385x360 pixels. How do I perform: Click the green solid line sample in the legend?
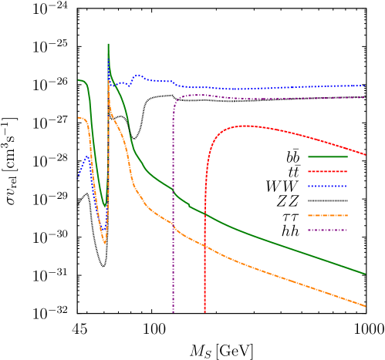point(327,156)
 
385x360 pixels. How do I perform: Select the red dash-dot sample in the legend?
point(327,171)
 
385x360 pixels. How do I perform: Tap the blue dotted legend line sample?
point(327,186)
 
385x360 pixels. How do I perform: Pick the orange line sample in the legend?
point(327,215)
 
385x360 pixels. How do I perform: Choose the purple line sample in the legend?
point(327,230)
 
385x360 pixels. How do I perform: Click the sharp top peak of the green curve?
point(108,44)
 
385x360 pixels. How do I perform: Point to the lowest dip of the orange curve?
point(105,244)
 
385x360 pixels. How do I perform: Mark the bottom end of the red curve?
point(204,311)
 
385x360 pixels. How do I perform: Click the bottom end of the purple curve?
point(173,312)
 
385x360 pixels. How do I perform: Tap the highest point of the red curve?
point(244,125)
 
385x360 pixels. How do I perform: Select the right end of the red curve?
point(365,155)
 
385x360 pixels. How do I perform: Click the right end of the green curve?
point(365,274)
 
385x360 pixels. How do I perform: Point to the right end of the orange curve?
point(365,306)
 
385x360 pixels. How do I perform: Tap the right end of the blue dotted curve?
point(365,85)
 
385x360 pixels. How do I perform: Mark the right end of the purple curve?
point(365,97)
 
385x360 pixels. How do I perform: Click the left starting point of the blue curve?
point(78,176)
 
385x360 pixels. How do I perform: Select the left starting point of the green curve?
point(78,79)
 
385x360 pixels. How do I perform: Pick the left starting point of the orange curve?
point(78,117)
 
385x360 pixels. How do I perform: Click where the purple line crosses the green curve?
point(173,189)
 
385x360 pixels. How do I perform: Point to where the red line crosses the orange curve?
point(204,245)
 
